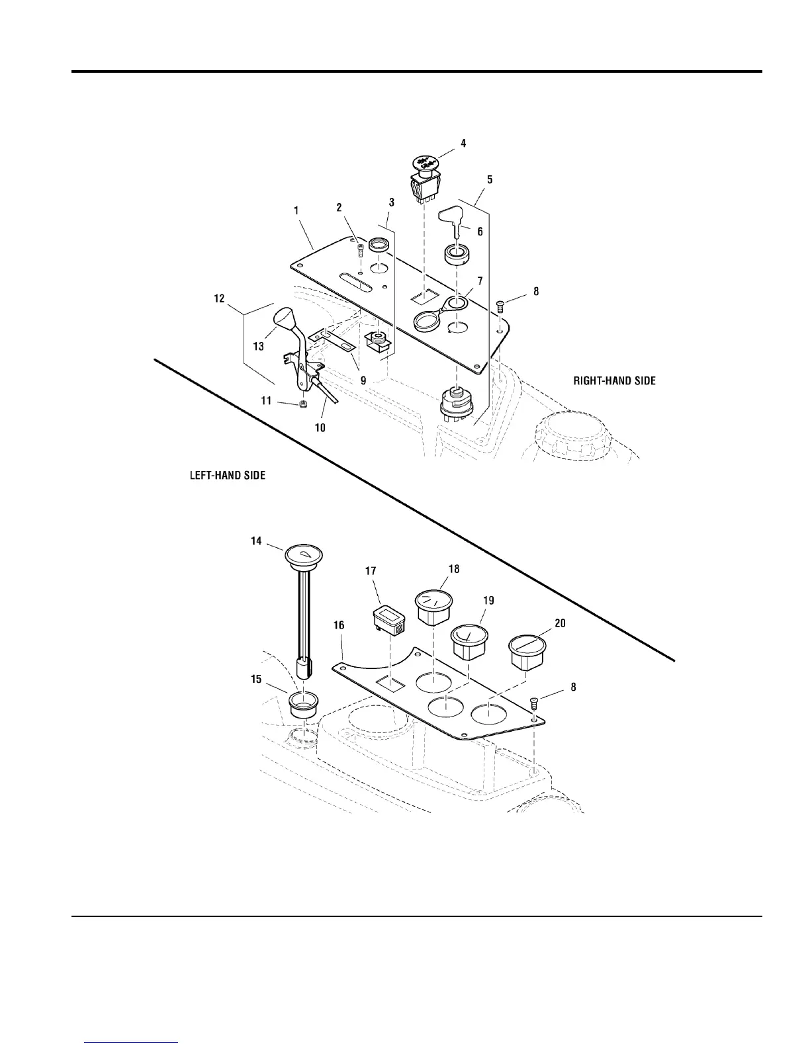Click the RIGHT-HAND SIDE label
coord(614,380)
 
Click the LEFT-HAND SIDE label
coord(228,476)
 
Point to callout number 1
coord(296,210)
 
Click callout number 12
coord(218,299)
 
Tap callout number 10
coord(320,427)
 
